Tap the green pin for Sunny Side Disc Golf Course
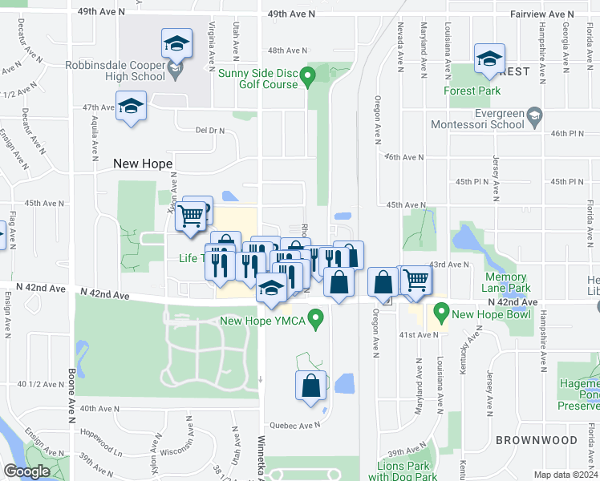coord(314,78)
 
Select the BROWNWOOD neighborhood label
coord(536,440)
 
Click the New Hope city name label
coord(144,163)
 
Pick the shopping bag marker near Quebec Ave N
coord(310,386)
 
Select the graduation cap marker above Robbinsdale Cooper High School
coord(176,42)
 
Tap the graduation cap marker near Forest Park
coord(489,59)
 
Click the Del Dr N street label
coord(210,130)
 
